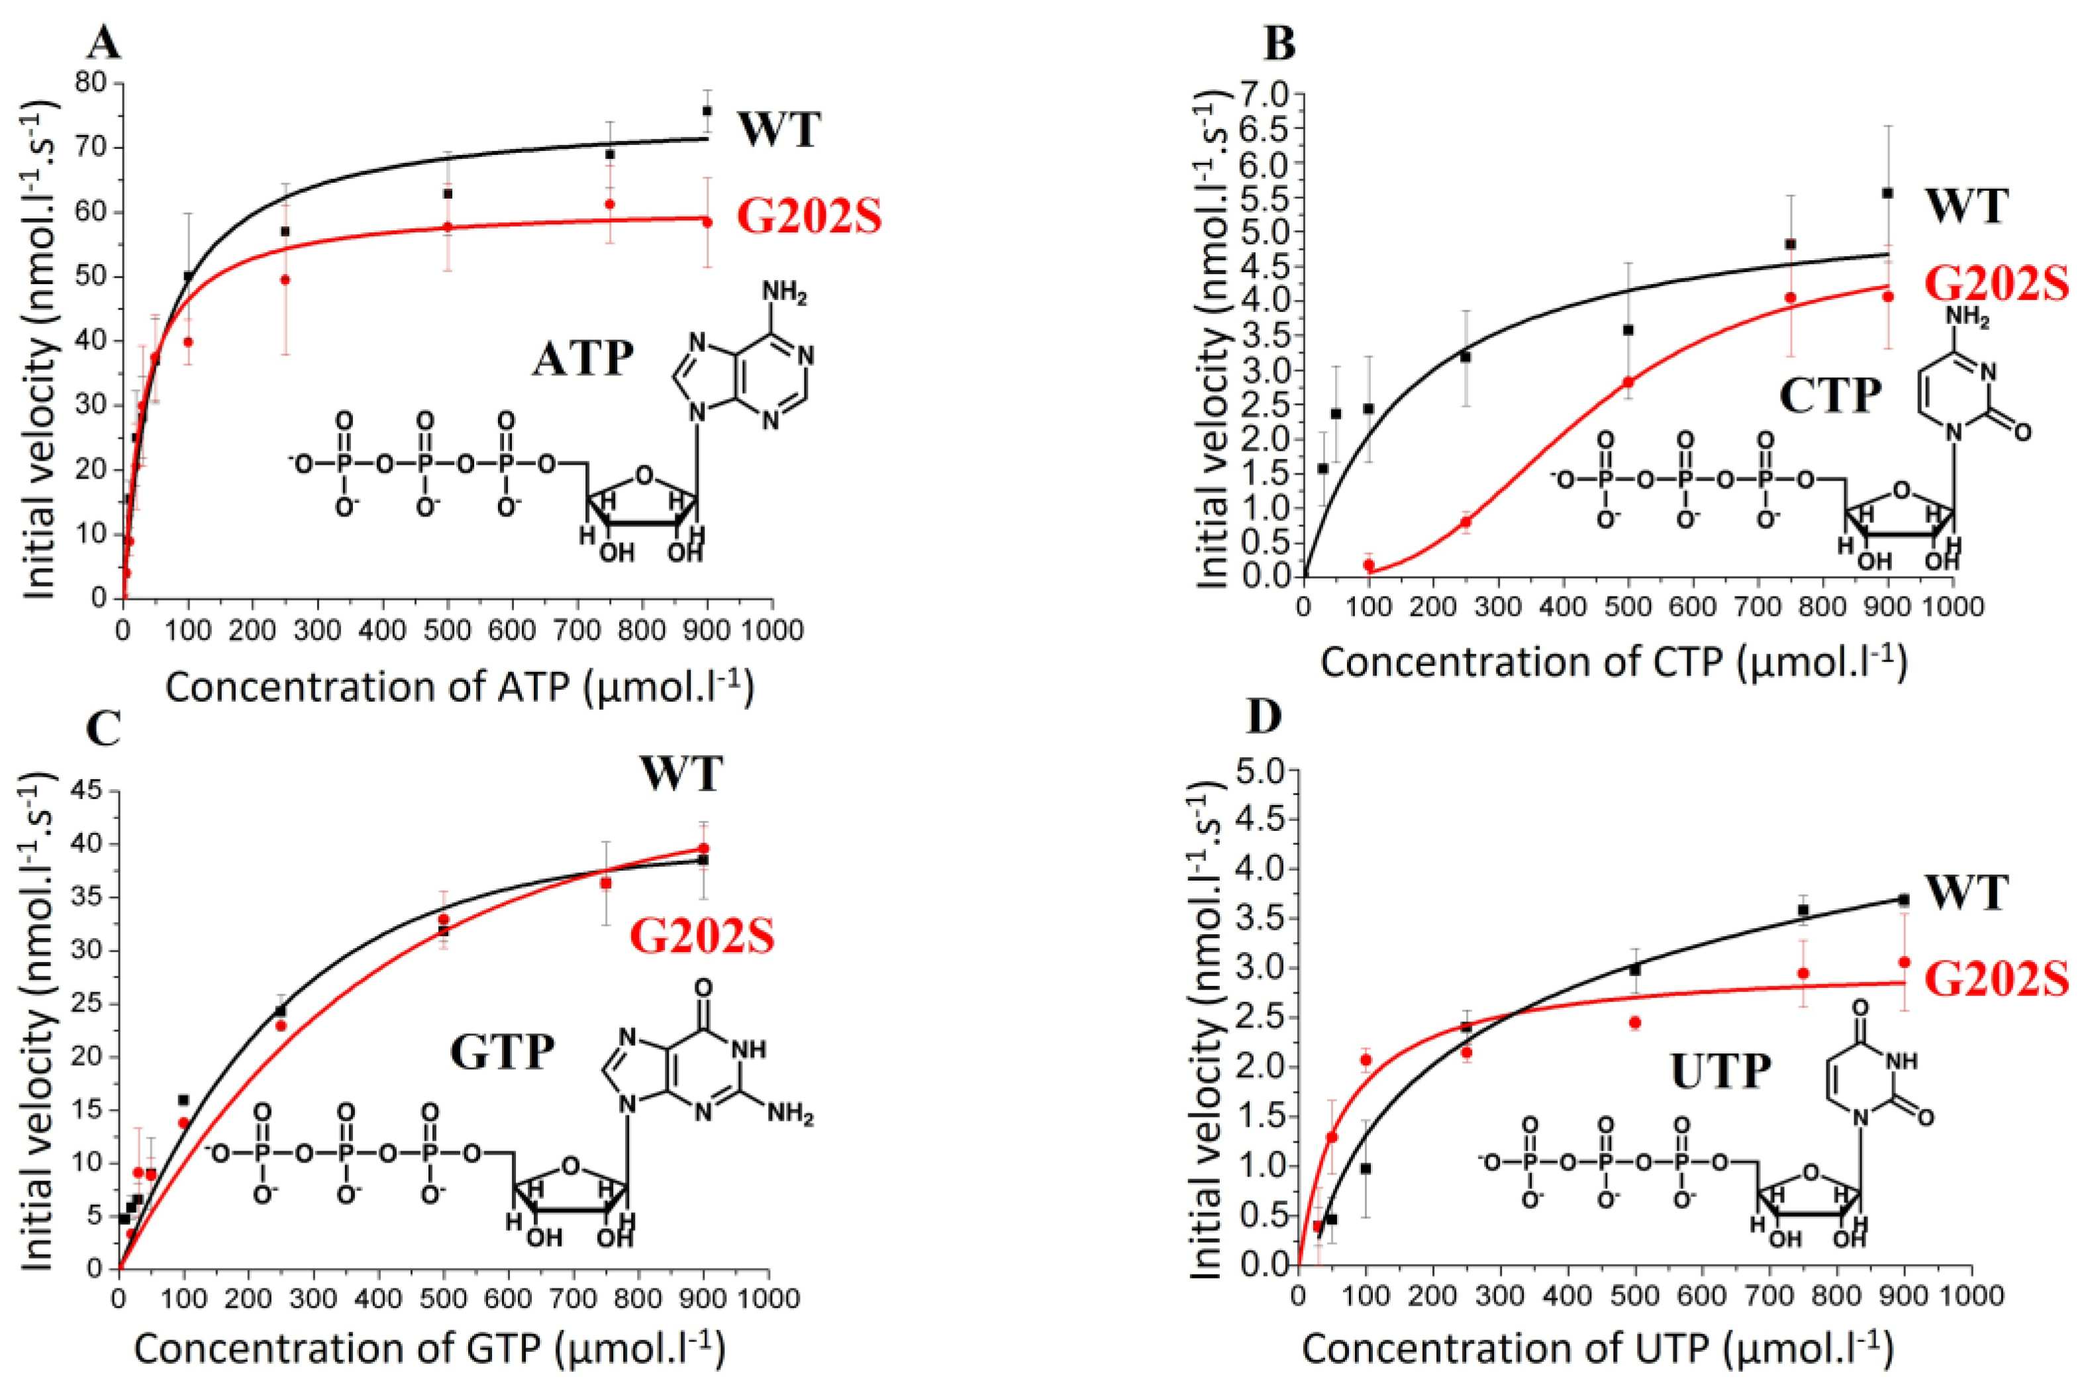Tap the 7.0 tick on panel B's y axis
(x=1262, y=93)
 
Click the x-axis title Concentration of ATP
(x=460, y=687)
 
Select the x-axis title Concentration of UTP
(x=1597, y=1349)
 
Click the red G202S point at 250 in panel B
(x=1466, y=522)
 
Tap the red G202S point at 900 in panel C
(x=703, y=847)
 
